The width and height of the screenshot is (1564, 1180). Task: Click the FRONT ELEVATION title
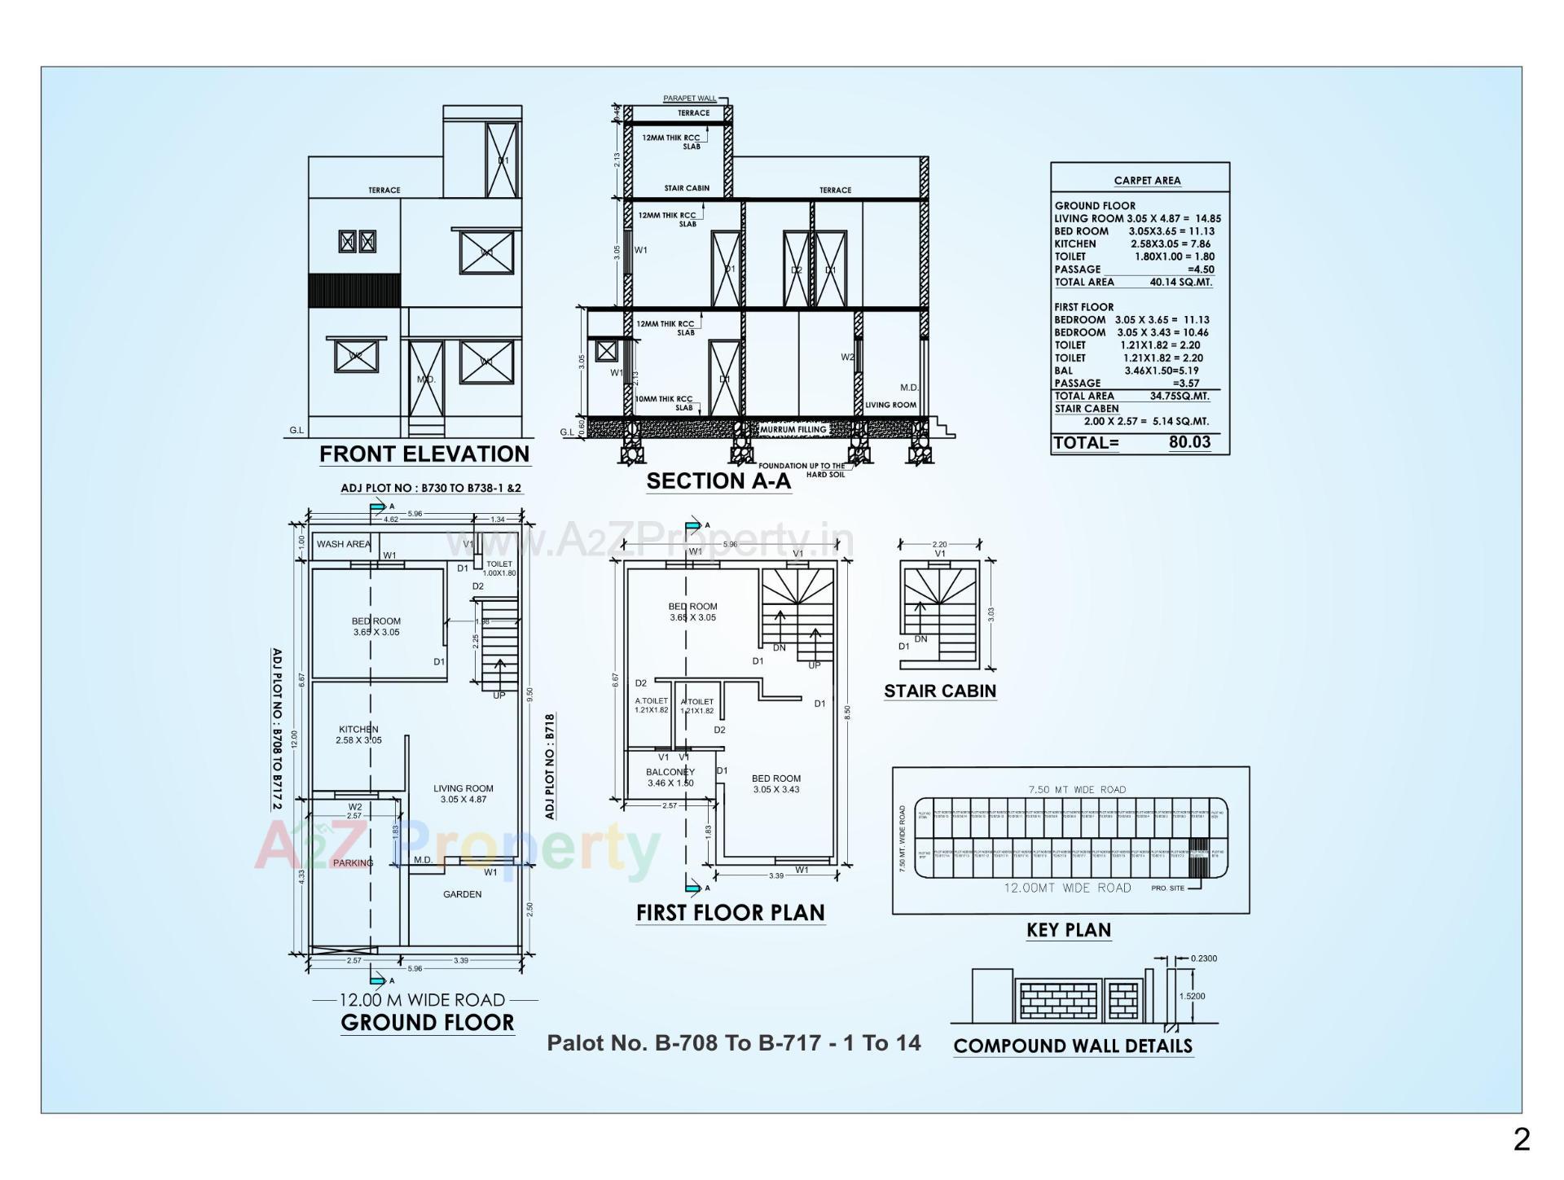424,454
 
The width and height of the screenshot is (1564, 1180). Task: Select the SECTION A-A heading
718,480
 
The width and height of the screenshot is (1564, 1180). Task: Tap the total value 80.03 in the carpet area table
1189,442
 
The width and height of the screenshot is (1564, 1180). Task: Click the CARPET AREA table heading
1147,181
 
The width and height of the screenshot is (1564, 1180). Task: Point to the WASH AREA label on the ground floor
343,544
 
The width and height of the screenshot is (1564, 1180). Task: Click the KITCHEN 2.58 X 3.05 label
358,735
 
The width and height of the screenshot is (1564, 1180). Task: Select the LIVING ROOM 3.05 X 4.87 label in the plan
463,793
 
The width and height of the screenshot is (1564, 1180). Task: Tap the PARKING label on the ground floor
353,862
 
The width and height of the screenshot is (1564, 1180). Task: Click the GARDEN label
462,894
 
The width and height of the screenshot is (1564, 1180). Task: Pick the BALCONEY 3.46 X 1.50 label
670,777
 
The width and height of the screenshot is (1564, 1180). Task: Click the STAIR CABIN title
940,691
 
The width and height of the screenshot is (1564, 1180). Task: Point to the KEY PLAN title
1068,929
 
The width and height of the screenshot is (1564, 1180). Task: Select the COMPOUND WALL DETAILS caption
1072,1046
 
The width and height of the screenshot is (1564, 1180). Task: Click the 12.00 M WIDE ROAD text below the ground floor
422,999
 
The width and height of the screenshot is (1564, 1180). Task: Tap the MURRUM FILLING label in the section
793,429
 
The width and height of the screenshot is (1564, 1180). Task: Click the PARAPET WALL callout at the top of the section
689,99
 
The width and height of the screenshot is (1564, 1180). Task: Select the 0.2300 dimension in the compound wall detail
1203,958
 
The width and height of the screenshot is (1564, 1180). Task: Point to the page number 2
1521,1139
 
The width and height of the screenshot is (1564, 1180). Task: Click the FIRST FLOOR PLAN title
730,912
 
